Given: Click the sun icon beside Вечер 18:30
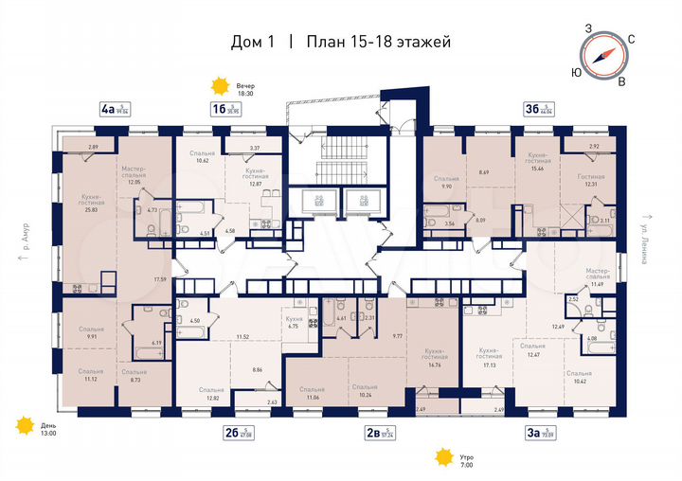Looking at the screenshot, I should click(x=220, y=87).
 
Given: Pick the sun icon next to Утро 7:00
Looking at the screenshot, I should click(x=441, y=458).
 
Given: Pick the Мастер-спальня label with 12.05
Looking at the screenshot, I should click(x=132, y=175).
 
